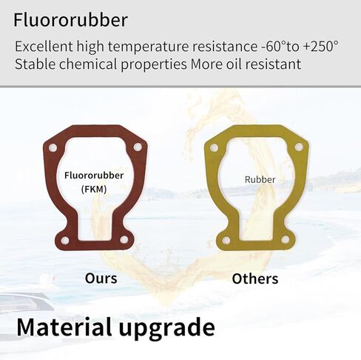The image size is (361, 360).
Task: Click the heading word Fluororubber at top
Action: [70, 20]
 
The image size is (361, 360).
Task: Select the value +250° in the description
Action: [320, 46]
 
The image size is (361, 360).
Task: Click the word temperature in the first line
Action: [149, 47]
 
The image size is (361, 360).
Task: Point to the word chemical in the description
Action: [88, 64]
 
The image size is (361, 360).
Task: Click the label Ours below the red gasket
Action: [101, 279]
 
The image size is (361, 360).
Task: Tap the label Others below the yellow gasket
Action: [255, 279]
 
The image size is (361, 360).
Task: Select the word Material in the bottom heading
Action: [64, 327]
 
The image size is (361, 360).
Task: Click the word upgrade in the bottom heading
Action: [167, 329]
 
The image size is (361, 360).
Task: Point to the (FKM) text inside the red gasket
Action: [94, 189]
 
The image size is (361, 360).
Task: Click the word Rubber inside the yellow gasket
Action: [260, 179]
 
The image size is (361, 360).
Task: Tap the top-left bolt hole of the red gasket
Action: [53, 148]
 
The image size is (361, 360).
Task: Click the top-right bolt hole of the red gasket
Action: [138, 147]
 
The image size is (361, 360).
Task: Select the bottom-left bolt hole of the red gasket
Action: [65, 240]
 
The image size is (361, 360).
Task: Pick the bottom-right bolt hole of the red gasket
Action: [124, 239]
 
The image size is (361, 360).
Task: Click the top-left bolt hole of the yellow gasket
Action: [214, 148]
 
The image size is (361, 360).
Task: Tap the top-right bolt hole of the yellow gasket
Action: [299, 147]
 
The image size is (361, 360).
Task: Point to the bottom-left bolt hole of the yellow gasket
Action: [226, 240]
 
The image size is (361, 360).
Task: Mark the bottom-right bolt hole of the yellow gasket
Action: [286, 239]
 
